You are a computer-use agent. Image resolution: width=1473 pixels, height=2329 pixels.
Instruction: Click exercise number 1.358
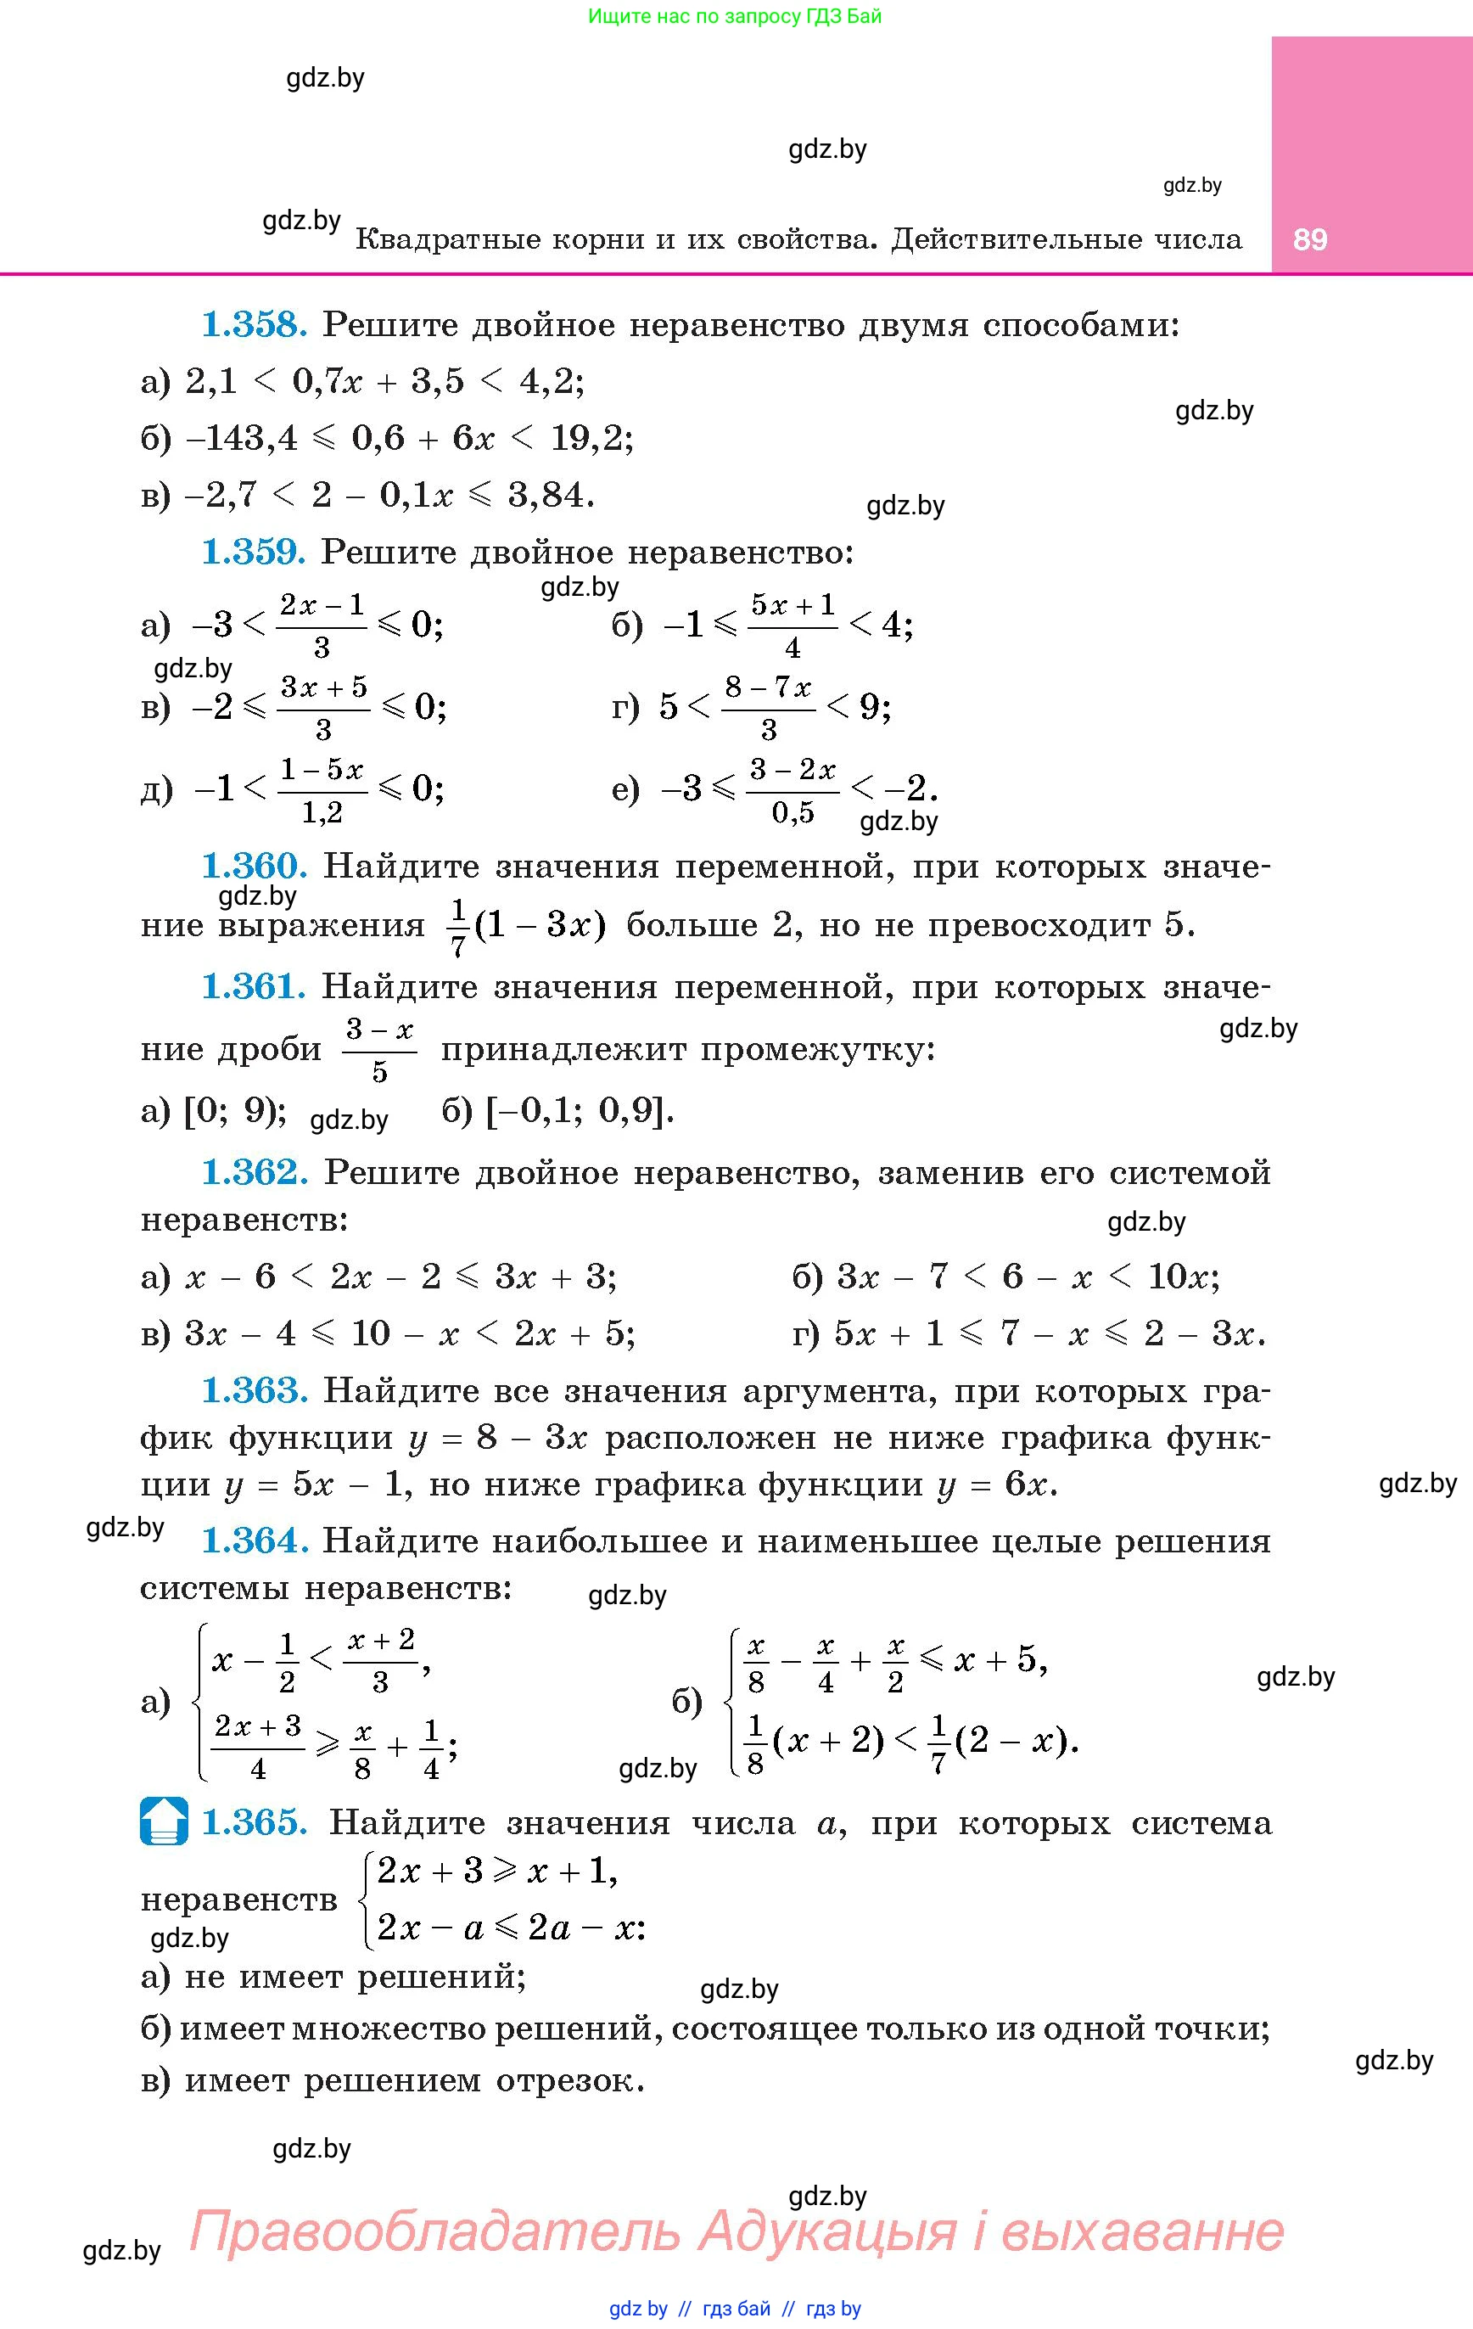[255, 325]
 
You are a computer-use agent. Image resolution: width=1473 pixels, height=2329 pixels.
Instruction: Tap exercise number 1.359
[254, 553]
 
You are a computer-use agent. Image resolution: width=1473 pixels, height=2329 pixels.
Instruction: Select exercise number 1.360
[255, 866]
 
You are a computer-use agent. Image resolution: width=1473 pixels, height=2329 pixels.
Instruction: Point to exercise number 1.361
[254, 986]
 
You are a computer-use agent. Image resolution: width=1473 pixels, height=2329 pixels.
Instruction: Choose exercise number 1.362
[255, 1172]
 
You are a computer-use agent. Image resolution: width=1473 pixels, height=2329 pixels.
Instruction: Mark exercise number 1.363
[255, 1390]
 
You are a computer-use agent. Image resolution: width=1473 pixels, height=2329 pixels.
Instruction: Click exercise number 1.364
[255, 1541]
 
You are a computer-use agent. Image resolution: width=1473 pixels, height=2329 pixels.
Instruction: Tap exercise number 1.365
[255, 1822]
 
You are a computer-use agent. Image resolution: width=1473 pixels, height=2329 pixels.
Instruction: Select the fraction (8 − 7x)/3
[769, 707]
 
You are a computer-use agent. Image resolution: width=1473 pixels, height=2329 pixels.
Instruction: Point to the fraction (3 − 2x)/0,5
[793, 790]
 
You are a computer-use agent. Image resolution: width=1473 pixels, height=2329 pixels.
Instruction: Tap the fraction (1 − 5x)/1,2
[322, 790]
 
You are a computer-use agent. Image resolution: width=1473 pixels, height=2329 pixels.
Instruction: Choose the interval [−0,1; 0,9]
[577, 1110]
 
